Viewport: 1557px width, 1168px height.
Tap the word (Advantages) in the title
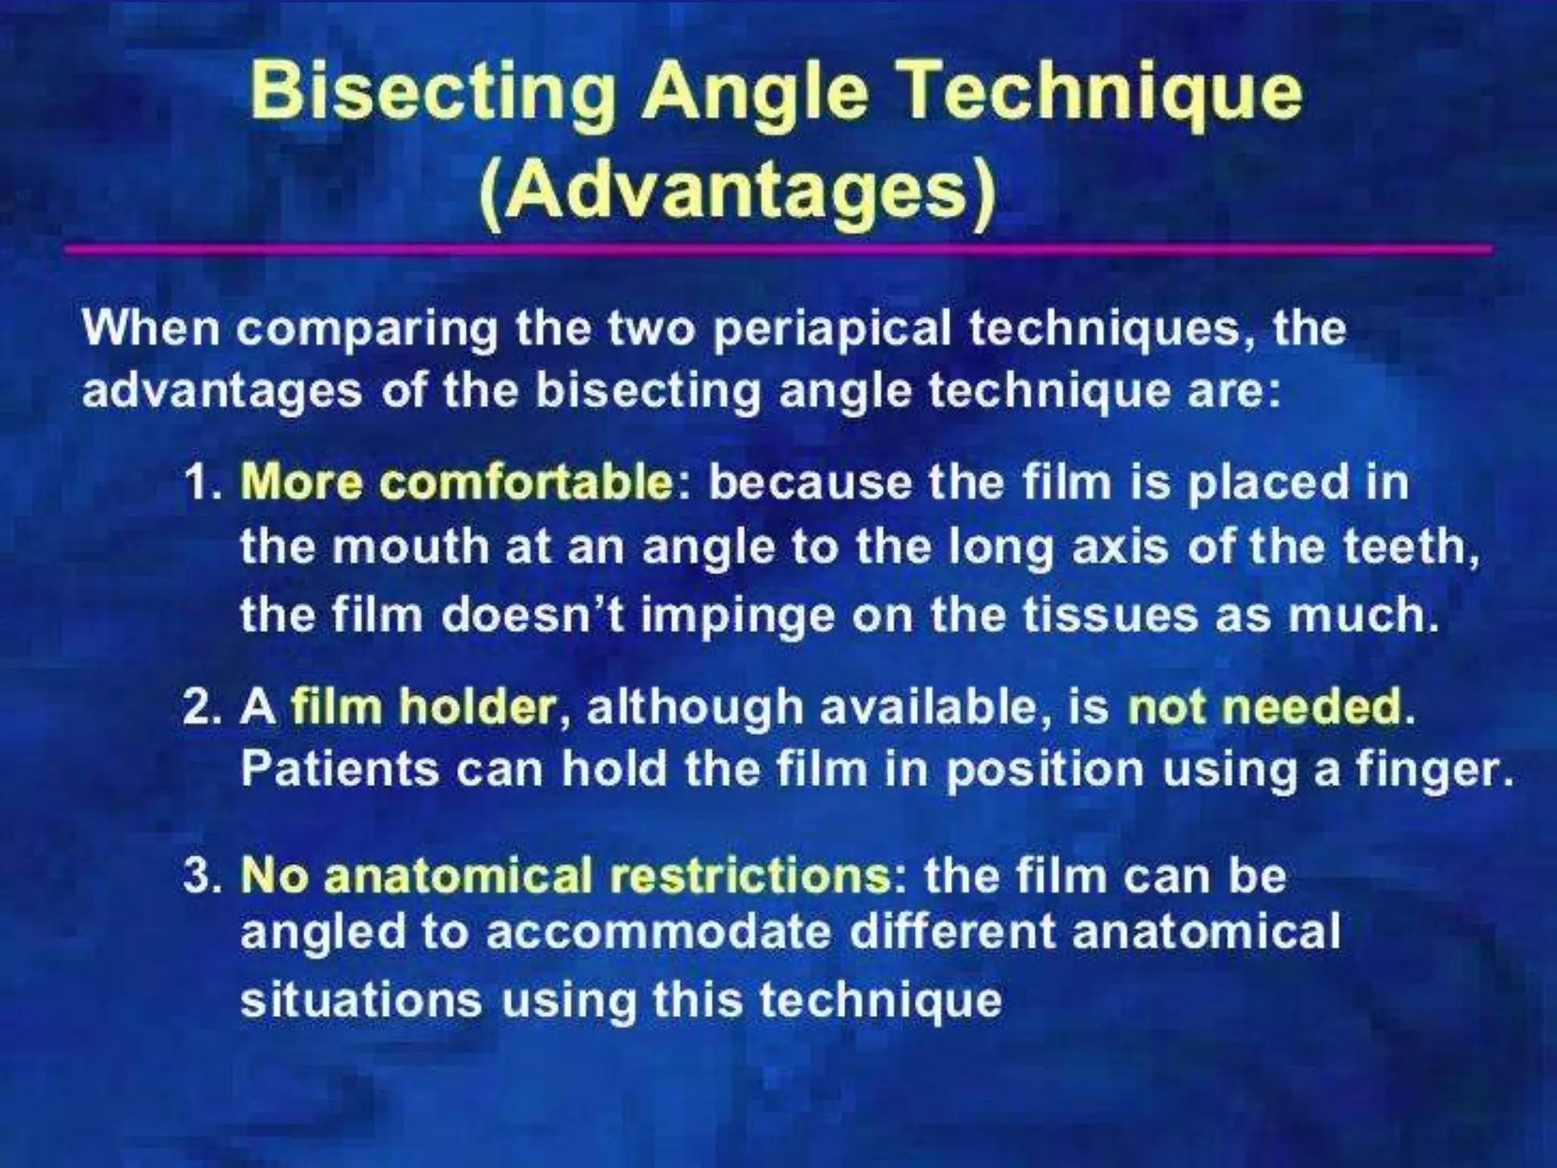[737, 189]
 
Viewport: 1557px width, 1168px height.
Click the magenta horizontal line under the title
[775, 249]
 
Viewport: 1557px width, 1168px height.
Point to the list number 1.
[200, 484]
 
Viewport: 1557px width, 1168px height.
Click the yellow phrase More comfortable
[456, 482]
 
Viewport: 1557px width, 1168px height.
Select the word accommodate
[657, 932]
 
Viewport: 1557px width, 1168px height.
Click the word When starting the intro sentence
[151, 328]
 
